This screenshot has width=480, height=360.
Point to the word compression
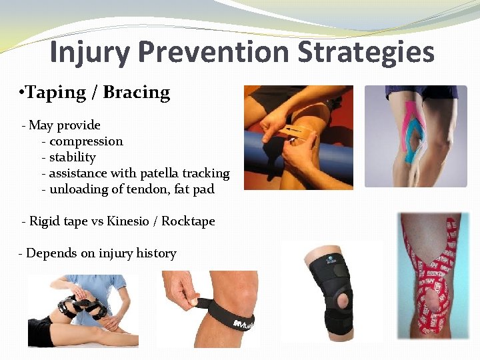click(x=86, y=141)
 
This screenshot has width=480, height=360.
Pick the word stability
click(x=73, y=157)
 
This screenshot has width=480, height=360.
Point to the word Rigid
click(x=45, y=221)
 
